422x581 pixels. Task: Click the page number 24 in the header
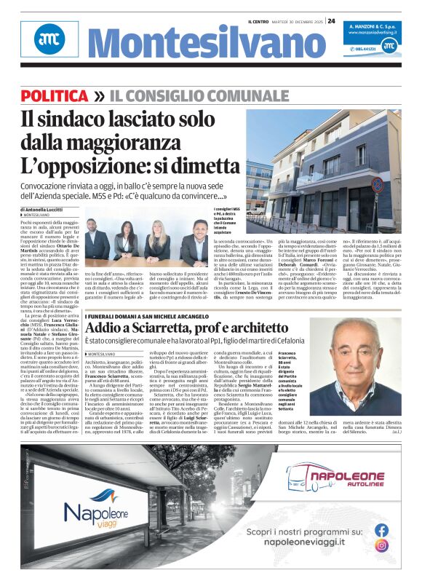point(331,21)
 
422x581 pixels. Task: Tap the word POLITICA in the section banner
point(55,96)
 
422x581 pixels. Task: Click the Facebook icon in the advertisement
point(381,530)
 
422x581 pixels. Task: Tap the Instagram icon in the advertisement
point(381,545)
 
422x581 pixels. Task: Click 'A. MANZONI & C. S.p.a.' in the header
point(371,25)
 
